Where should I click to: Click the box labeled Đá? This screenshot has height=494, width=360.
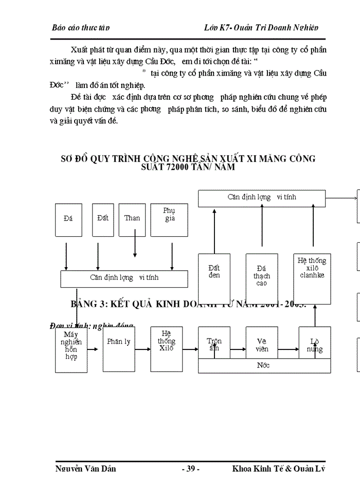[68, 218]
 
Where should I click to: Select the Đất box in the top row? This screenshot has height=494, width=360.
[103, 218]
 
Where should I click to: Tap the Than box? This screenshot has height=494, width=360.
[132, 218]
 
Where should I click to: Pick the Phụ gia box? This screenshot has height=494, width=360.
[169, 218]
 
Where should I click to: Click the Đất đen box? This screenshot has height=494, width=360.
[214, 278]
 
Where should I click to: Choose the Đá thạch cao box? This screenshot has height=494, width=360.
[262, 278]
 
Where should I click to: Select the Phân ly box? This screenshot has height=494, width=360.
[119, 342]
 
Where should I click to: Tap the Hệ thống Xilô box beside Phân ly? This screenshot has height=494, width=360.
[167, 342]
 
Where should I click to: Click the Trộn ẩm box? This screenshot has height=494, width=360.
[214, 344]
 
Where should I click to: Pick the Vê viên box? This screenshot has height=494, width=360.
[261, 344]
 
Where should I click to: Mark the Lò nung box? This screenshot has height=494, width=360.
[315, 344]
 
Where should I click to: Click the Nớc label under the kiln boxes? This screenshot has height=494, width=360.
[263, 365]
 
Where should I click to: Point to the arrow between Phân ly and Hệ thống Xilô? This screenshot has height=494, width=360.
[142, 342]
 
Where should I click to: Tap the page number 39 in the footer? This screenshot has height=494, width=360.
[190, 469]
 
